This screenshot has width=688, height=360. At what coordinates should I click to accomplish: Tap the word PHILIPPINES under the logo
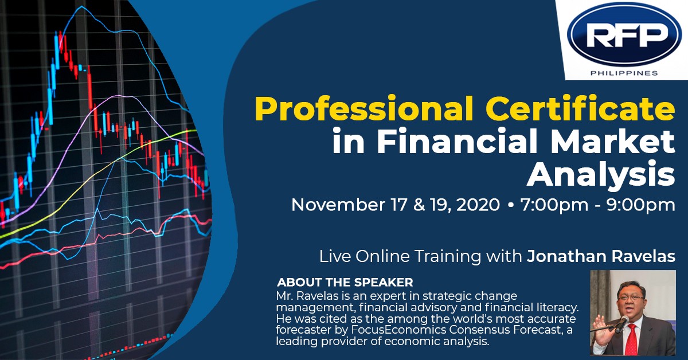[x=624, y=73]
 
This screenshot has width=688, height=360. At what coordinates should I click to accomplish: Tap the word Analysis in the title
[x=601, y=174]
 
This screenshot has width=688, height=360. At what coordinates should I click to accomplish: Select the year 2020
[x=478, y=205]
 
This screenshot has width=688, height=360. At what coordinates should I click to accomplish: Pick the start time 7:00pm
[x=554, y=205]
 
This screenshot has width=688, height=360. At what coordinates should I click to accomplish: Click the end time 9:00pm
[x=640, y=205]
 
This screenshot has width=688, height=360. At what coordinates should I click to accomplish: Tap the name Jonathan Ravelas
[x=601, y=256]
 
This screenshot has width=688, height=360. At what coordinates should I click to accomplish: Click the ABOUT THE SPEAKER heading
[x=345, y=282]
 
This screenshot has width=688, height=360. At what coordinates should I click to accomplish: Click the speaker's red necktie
[x=631, y=339]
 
